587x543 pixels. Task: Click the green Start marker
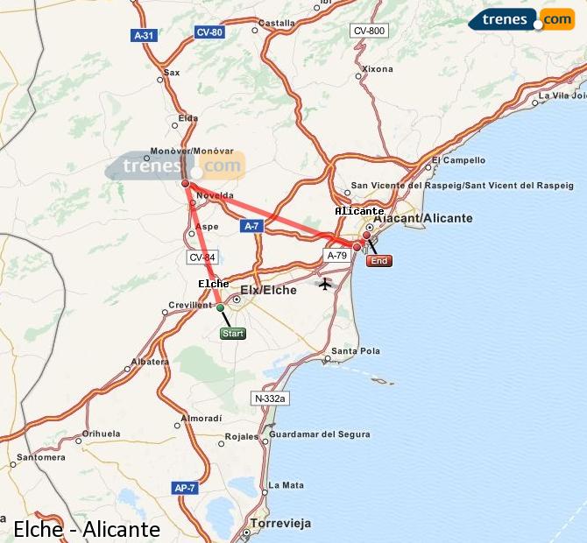pyautogui.click(x=233, y=333)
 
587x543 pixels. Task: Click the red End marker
pyautogui.click(x=378, y=260)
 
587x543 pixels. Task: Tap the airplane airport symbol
pyautogui.click(x=326, y=284)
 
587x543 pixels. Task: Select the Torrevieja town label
pyautogui.click(x=280, y=524)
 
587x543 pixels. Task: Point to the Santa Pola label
pyautogui.click(x=357, y=351)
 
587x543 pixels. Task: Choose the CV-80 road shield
pyautogui.click(x=209, y=32)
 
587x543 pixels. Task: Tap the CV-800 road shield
pyautogui.click(x=369, y=31)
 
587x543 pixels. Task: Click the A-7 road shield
pyautogui.click(x=251, y=226)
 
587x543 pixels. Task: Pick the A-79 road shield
pyautogui.click(x=336, y=256)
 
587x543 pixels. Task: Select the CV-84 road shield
pyautogui.click(x=201, y=257)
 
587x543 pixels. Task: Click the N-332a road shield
pyautogui.click(x=270, y=398)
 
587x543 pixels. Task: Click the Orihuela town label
pyautogui.click(x=101, y=434)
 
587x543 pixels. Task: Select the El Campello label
pyautogui.click(x=458, y=160)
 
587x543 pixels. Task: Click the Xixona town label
pyautogui.click(x=378, y=68)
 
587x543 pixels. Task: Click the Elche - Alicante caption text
pyautogui.click(x=87, y=529)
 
